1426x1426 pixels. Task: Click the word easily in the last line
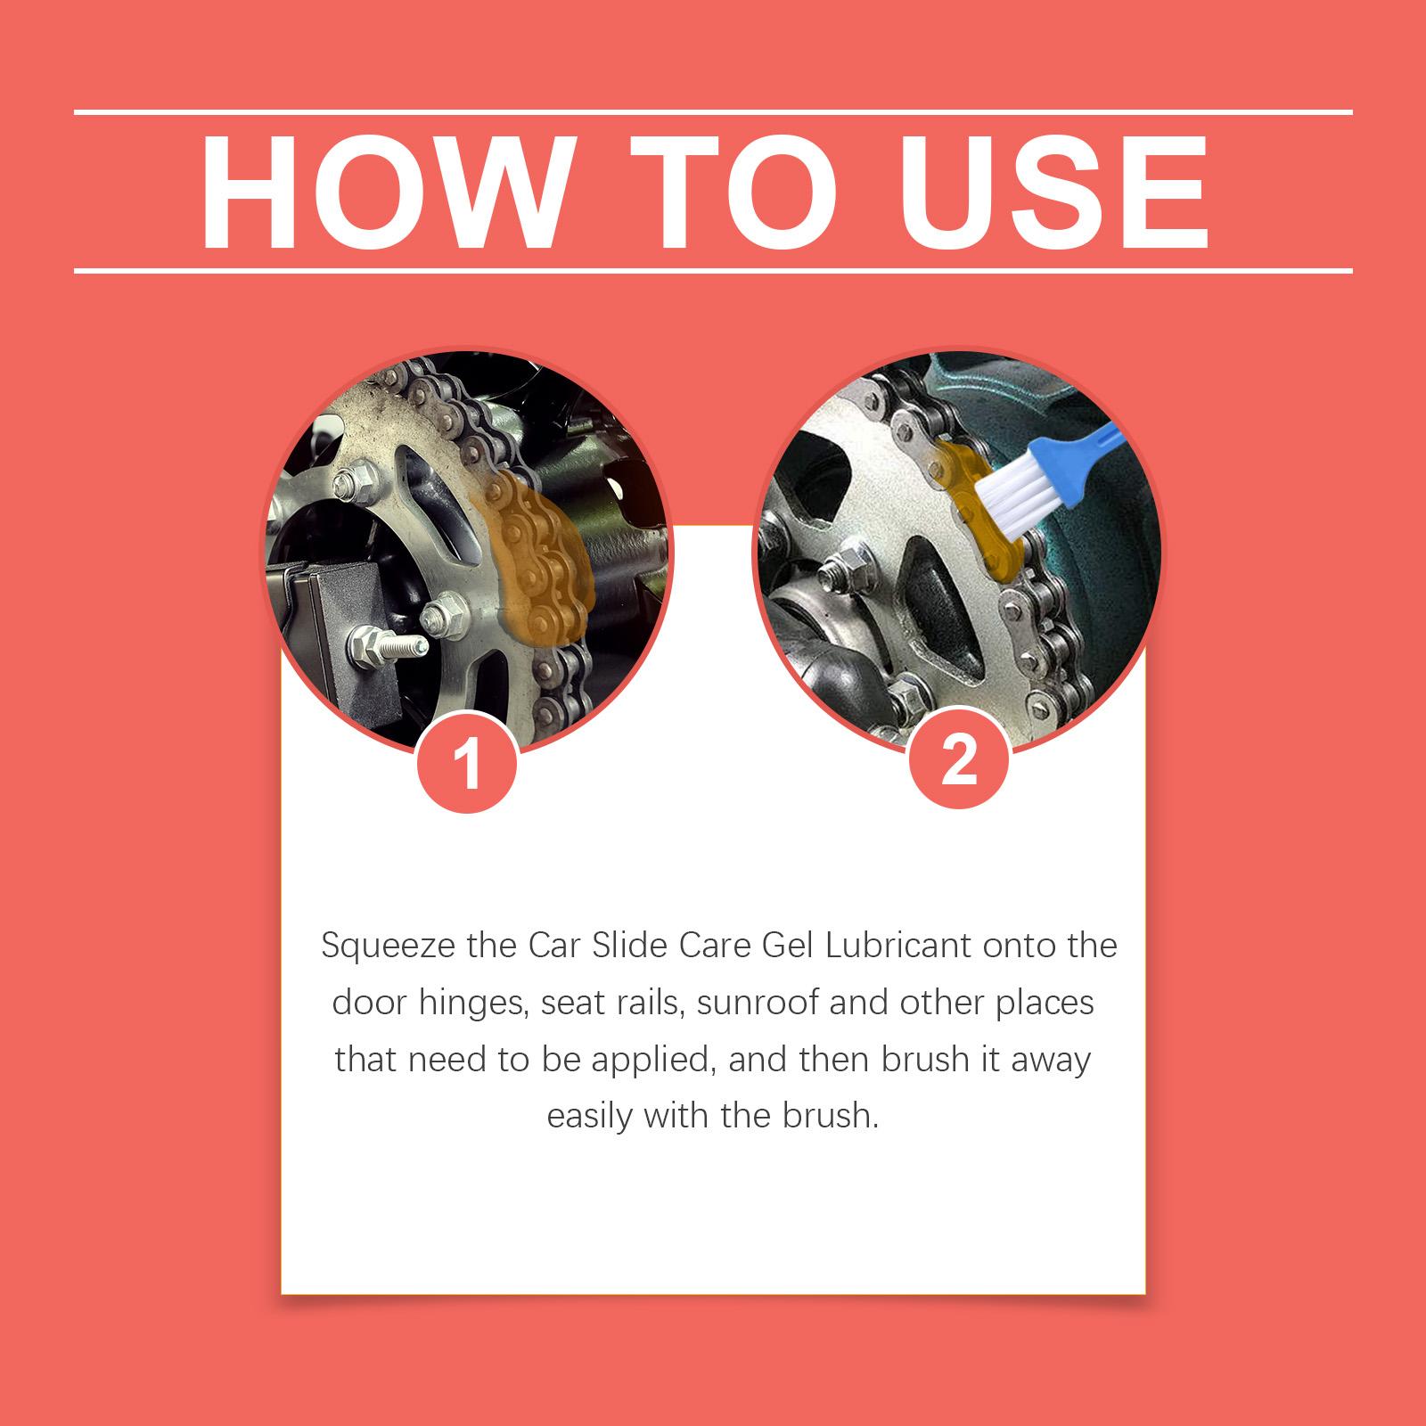(589, 1117)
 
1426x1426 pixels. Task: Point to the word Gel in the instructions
(789, 945)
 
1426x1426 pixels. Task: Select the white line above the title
(713, 112)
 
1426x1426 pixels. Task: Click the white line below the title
(713, 269)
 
